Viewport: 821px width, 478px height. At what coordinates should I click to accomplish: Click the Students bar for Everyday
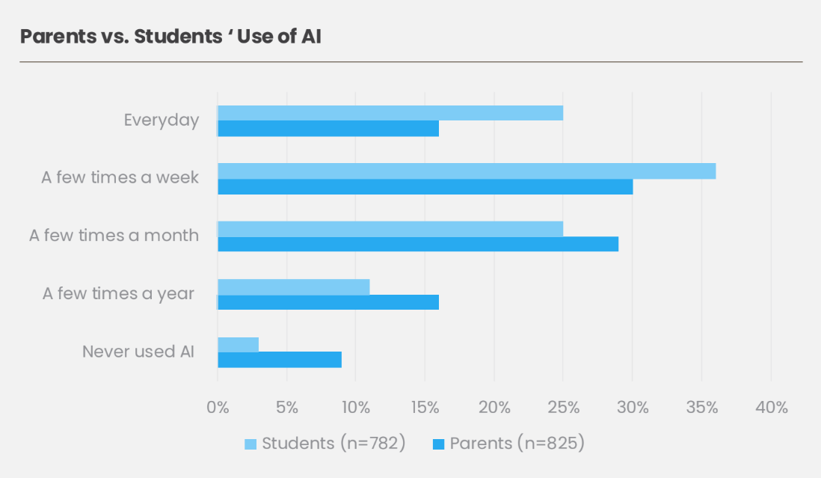tap(390, 113)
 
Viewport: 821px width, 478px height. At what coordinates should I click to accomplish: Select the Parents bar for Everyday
tap(328, 129)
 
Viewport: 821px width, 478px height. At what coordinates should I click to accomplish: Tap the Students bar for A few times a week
tap(466, 171)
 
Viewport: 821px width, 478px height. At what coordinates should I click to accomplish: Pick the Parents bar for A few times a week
tap(425, 187)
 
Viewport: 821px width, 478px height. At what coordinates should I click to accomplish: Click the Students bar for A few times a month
tap(390, 229)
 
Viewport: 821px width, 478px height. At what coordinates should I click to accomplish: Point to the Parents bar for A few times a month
tap(417, 245)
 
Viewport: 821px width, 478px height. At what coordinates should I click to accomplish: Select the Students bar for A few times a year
tap(293, 287)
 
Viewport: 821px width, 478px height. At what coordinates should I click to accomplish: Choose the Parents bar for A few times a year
tap(328, 302)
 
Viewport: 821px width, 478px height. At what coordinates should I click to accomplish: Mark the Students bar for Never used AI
tap(238, 344)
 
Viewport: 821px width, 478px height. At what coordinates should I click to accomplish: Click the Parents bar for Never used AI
tap(279, 360)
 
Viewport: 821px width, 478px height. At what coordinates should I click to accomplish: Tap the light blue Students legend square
tap(250, 444)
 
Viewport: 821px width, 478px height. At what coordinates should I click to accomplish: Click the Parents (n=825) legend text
tap(517, 444)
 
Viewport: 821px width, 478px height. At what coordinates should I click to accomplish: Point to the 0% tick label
tap(218, 408)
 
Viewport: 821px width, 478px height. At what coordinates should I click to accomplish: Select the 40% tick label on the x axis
tap(771, 408)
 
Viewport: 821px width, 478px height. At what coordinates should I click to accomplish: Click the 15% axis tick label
tap(425, 408)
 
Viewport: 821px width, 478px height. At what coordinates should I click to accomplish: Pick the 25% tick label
tap(563, 408)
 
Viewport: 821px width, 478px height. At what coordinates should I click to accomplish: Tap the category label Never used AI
tap(138, 352)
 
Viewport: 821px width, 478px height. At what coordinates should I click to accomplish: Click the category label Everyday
tap(162, 120)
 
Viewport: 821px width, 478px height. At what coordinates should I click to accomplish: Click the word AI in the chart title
tap(310, 37)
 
